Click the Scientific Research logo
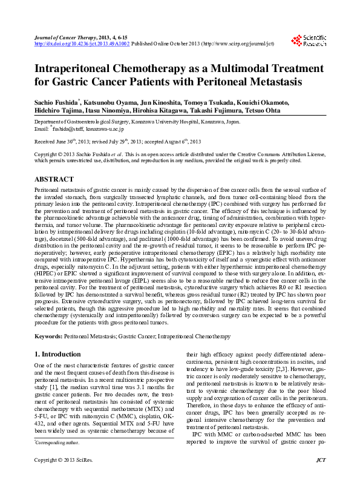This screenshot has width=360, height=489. [309, 41]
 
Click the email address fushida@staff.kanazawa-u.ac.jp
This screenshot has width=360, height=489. [87, 130]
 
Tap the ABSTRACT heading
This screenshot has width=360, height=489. [54, 180]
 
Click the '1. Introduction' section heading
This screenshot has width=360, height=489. [57, 354]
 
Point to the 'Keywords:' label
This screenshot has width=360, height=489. [48, 335]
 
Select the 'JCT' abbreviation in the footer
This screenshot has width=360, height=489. [321, 478]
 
